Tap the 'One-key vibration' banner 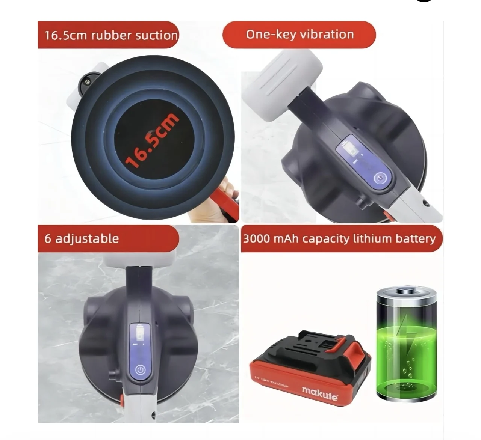299,35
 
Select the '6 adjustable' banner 108,238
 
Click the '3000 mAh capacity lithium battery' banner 341,239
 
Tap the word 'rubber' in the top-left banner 111,35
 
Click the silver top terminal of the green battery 407,290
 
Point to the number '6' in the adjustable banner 48,239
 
